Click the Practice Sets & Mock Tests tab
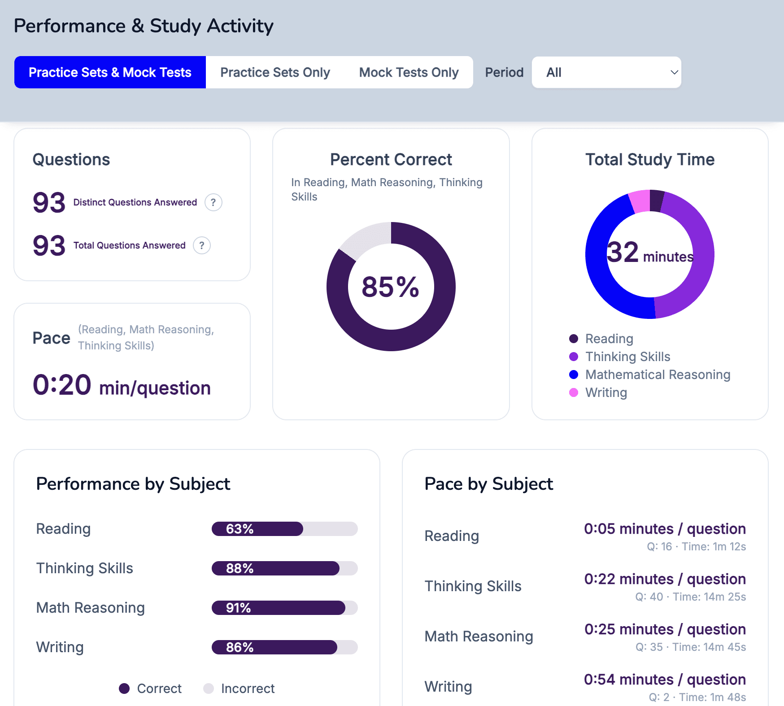pos(110,72)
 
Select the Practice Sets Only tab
pos(275,72)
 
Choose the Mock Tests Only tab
pos(409,72)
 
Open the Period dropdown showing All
pos(606,72)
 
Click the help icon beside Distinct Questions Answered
pos(213,202)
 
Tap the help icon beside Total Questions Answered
pos(202,245)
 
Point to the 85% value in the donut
pos(390,287)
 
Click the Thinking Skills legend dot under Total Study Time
pos(574,357)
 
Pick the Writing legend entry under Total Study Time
pos(605,392)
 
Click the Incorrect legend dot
pos(209,689)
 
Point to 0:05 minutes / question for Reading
pos(665,529)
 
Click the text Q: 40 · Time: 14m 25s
pos(690,597)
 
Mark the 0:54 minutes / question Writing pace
pos(665,680)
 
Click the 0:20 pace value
pos(62,385)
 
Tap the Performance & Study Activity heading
pos(144,26)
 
